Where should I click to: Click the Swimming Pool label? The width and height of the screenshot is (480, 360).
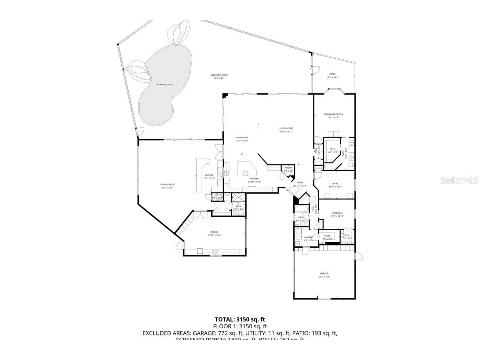[x=164, y=85]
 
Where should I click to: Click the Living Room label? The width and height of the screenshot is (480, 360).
[x=286, y=130]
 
